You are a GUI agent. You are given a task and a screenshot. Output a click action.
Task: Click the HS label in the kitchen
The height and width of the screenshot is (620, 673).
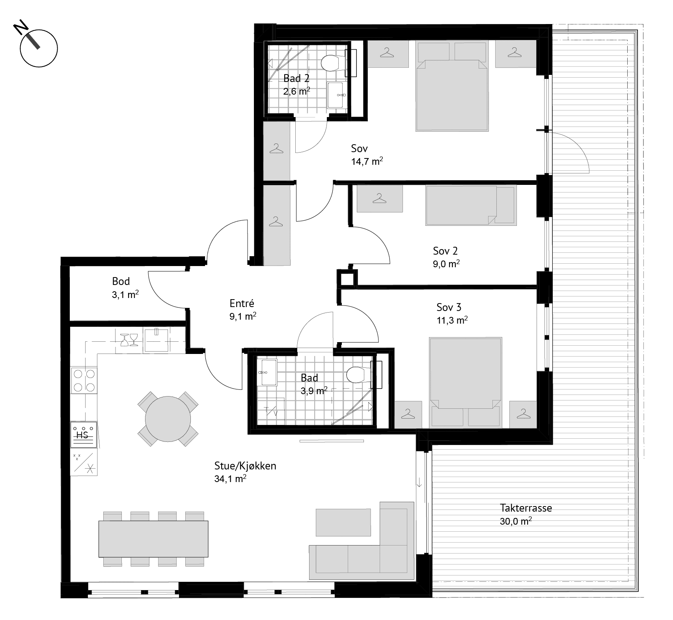[82, 436]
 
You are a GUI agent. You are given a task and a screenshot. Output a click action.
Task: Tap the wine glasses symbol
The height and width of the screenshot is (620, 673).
[129, 339]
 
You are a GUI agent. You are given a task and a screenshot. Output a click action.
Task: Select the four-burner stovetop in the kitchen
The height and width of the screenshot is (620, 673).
[84, 380]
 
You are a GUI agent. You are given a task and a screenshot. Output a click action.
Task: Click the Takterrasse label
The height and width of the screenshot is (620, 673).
[526, 508]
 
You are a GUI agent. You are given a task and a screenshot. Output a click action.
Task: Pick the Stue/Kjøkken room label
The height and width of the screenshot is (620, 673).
[245, 465]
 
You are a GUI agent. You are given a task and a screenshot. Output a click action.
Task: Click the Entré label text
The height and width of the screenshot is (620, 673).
[242, 303]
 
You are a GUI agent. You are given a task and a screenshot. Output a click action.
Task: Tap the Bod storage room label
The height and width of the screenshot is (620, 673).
[121, 281]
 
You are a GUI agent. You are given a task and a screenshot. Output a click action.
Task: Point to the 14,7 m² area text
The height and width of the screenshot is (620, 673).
[367, 161]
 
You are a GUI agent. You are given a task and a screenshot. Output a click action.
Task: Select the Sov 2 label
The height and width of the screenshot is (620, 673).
[445, 251]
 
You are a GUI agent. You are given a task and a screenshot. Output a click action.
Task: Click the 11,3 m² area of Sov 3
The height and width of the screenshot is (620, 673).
[452, 320]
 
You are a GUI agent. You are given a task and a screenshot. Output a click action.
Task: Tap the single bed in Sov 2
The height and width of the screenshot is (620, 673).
[471, 205]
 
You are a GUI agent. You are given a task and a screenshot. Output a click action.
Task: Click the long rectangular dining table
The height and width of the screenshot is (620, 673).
[153, 539]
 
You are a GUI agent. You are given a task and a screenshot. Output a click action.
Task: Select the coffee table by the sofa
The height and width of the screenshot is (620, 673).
[343, 522]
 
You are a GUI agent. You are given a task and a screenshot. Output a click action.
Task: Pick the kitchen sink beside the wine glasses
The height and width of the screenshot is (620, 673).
[157, 339]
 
